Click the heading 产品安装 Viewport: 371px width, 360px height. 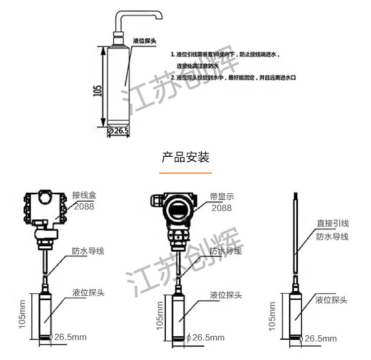tap(185, 157)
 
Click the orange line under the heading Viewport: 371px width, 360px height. tap(185, 173)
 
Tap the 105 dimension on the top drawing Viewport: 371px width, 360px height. tap(97, 90)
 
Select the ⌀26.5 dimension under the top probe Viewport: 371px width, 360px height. tap(119, 131)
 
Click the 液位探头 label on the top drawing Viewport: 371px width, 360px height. tap(145, 41)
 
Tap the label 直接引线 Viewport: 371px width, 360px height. tap(332, 224)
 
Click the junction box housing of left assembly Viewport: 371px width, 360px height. tap(45, 208)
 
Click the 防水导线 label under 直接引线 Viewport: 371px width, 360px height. tap(332, 236)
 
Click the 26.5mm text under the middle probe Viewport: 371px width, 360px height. tap(208, 338)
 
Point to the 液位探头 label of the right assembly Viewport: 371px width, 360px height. tap(331, 300)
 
